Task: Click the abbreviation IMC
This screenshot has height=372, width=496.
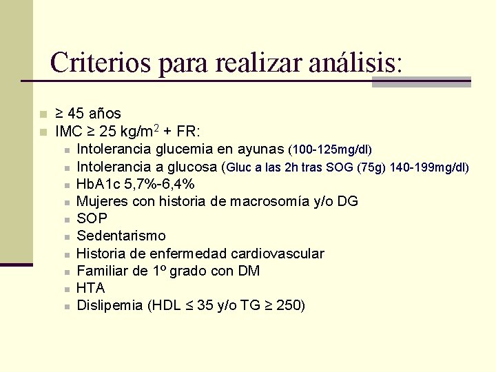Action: [x=69, y=131]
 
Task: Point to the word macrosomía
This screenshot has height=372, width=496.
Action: [x=258, y=201]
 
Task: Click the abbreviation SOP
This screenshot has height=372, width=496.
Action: [x=92, y=218]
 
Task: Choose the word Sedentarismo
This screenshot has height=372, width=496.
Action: [x=121, y=236]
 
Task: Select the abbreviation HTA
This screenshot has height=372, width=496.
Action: [x=91, y=288]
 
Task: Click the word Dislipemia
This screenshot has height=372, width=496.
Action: [x=110, y=305]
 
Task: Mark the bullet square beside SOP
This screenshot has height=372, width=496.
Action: [x=67, y=220]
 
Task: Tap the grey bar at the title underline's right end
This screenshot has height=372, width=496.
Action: [x=421, y=82]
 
